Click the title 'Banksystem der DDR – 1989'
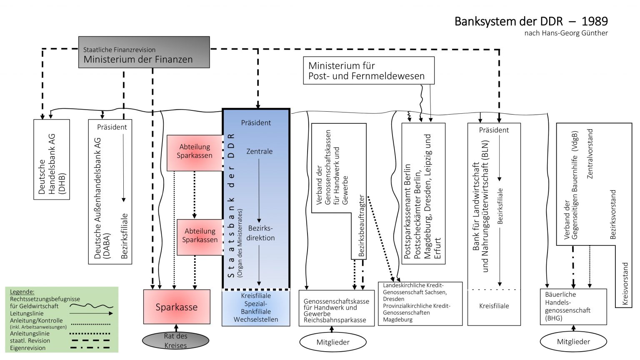(531, 21)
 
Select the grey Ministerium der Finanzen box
(144, 52)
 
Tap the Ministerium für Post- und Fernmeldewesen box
(368, 71)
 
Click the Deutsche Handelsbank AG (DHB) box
(52, 160)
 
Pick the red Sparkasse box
(177, 307)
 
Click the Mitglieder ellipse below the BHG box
(573, 342)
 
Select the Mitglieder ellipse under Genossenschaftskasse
(333, 342)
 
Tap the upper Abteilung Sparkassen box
(195, 151)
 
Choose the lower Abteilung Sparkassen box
(200, 236)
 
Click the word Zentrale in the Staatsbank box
(259, 152)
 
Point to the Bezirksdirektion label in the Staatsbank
(260, 233)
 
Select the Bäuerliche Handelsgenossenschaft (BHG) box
(573, 307)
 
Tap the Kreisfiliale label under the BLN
(494, 306)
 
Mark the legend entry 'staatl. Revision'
(30, 341)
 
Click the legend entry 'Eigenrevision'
(28, 348)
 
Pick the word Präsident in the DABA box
(112, 127)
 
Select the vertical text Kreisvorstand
(625, 284)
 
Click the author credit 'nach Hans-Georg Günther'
(566, 33)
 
